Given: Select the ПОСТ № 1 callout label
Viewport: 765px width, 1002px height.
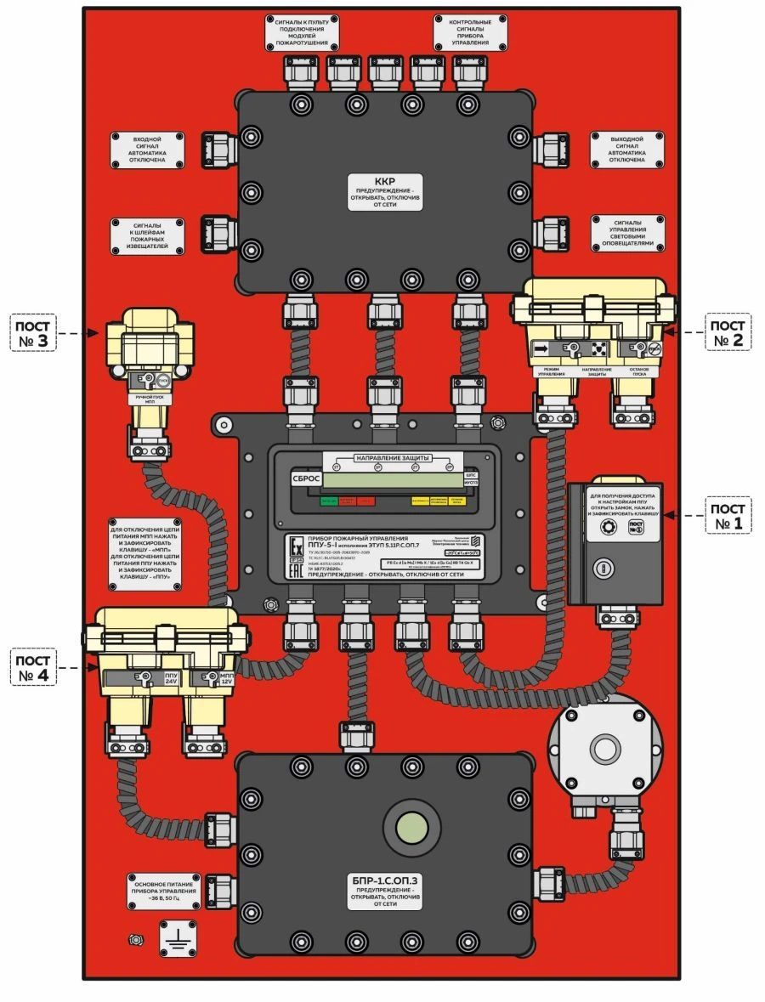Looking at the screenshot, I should [x=728, y=515].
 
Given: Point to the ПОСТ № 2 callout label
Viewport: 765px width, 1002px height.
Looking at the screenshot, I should [x=728, y=333].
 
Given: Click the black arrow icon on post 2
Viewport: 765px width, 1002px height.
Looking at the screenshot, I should [x=541, y=348].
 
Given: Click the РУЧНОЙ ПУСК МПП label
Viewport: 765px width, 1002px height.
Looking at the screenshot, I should [x=149, y=399].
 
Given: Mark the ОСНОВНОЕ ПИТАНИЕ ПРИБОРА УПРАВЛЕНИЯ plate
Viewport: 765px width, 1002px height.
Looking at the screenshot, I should [x=164, y=889].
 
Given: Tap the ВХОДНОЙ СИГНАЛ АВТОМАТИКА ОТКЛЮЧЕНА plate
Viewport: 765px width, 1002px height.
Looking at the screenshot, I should [x=149, y=150].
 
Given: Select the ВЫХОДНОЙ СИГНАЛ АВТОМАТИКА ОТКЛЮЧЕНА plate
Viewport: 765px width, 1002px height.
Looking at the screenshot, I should [x=627, y=150].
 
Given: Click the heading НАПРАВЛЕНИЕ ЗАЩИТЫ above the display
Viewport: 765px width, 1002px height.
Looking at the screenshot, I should [x=388, y=458].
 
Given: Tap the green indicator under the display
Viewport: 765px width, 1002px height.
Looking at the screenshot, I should [x=327, y=502].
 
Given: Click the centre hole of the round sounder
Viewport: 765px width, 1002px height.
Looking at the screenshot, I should [x=606, y=749].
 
